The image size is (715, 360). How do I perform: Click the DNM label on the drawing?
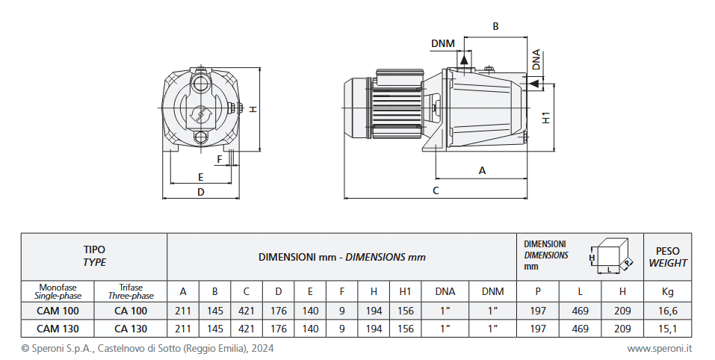click(x=443, y=43)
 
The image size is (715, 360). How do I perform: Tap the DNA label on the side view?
click(x=536, y=60)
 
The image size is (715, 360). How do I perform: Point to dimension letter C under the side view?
click(x=436, y=190)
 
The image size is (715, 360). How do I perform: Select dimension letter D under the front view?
click(x=200, y=192)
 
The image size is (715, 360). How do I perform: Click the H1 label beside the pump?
click(x=546, y=117)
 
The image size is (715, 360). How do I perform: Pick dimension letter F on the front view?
click(x=220, y=159)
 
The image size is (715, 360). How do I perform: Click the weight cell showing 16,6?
click(x=667, y=311)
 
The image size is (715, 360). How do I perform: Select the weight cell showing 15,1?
click(x=667, y=329)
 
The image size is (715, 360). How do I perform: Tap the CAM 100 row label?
click(x=57, y=311)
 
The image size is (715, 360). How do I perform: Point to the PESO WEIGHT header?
click(x=667, y=257)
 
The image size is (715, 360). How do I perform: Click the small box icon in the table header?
click(x=611, y=257)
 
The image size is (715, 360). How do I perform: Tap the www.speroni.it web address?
click(x=659, y=348)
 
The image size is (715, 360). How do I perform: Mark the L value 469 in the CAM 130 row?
click(x=580, y=329)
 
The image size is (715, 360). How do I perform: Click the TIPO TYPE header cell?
click(x=94, y=257)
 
